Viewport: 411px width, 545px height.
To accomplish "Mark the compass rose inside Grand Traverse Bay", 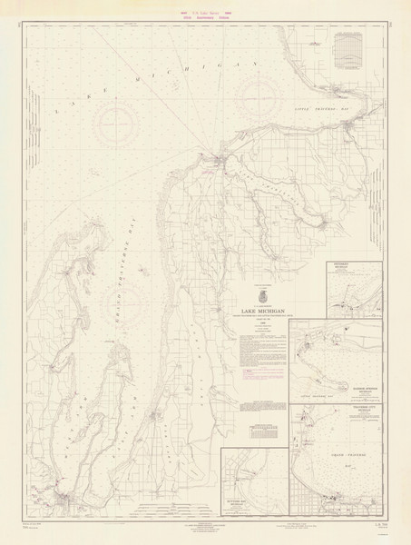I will [133, 297].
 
